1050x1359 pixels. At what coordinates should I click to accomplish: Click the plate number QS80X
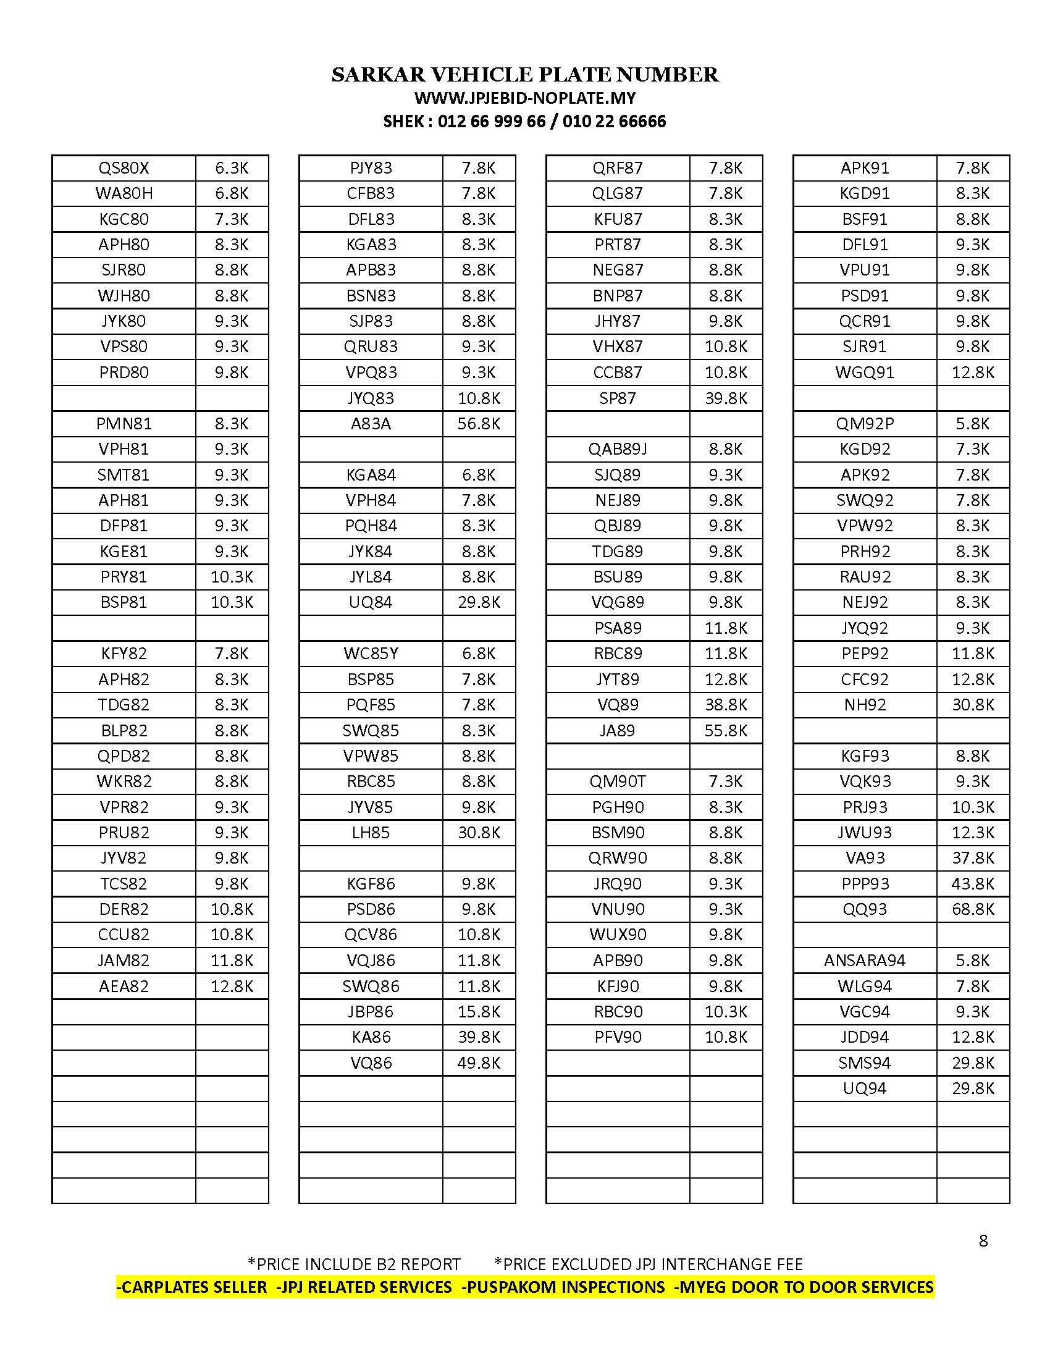[x=124, y=168]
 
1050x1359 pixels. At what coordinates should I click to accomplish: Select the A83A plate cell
[x=371, y=424]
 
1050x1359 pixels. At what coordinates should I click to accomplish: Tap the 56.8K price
[x=479, y=424]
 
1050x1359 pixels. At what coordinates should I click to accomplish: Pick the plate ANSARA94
[x=865, y=960]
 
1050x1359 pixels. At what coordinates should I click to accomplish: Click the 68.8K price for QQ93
[x=973, y=909]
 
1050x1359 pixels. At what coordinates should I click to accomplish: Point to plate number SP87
[x=618, y=398]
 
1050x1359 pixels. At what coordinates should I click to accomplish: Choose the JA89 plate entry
[x=618, y=731]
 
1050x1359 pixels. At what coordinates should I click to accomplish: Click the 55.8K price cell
[x=726, y=731]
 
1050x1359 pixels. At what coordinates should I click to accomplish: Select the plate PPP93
[x=865, y=883]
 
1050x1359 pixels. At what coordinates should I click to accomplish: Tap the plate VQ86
[x=371, y=1063]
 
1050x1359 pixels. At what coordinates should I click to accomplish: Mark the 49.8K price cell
[x=479, y=1063]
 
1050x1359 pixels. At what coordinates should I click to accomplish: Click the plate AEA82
[x=124, y=987]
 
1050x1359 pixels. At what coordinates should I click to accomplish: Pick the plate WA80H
[x=124, y=193]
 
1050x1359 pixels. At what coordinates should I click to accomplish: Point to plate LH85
[x=371, y=833]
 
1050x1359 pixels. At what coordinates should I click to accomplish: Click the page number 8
[x=983, y=1241]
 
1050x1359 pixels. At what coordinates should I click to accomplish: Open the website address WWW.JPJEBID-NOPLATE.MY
[x=525, y=98]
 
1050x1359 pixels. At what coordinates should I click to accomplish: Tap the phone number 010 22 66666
[x=614, y=121]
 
